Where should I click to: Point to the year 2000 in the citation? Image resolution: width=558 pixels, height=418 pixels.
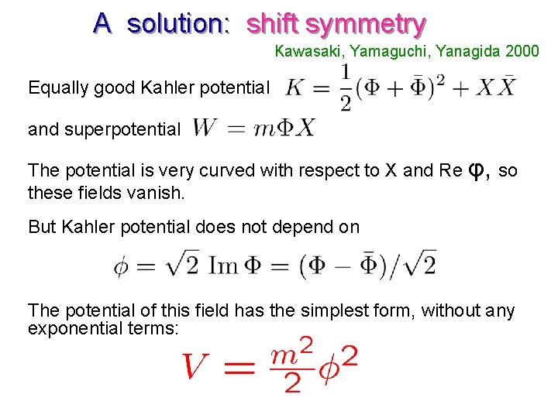522,52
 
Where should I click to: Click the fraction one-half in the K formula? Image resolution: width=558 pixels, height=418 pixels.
345,87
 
